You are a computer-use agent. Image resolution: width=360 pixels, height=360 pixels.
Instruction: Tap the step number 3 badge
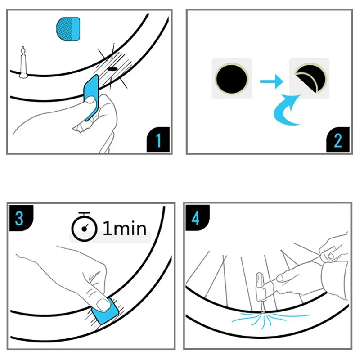click(19, 218)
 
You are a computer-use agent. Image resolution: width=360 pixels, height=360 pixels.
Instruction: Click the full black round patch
click(232, 78)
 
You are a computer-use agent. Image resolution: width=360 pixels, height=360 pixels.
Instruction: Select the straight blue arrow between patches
click(271, 81)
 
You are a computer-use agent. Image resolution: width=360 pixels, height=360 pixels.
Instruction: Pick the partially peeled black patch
click(309, 78)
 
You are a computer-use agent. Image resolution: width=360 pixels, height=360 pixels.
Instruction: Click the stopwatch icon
click(84, 227)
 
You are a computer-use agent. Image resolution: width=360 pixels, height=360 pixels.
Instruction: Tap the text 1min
click(125, 229)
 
